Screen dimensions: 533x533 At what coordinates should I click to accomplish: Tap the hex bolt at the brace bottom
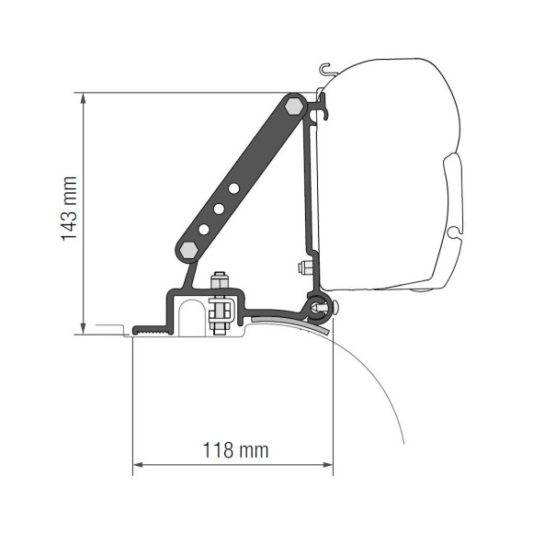pyautogui.click(x=187, y=250)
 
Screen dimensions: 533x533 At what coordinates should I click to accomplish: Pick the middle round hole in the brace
pyautogui.click(x=220, y=209)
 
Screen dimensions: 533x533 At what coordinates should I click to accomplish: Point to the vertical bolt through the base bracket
pyautogui.click(x=219, y=304)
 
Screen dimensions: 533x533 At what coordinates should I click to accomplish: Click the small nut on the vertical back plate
pyautogui.click(x=302, y=269)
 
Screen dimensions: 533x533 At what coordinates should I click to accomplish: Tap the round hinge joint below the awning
pyautogui.click(x=318, y=307)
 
